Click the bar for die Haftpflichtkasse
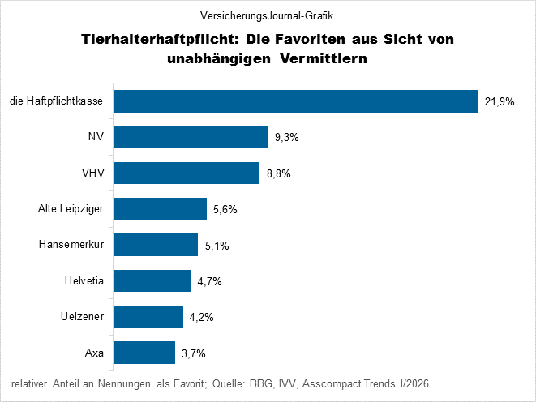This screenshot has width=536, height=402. pyautogui.click(x=295, y=101)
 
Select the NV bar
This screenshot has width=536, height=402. pyautogui.click(x=191, y=137)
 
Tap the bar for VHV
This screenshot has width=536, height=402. pyautogui.click(x=187, y=173)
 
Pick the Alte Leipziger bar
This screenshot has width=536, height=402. pyautogui.click(x=160, y=209)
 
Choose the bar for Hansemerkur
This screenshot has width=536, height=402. pyautogui.click(x=156, y=245)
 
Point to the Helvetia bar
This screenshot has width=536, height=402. pyautogui.click(x=152, y=281)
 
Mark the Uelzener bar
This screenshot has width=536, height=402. pyautogui.click(x=148, y=317)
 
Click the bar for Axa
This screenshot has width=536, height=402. pyautogui.click(x=144, y=353)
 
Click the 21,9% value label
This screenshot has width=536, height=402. pyautogui.click(x=500, y=102)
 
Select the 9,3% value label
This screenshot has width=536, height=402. pyautogui.click(x=287, y=138)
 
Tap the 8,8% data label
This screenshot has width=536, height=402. pyautogui.click(x=279, y=173)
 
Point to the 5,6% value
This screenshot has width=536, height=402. pyautogui.click(x=225, y=210)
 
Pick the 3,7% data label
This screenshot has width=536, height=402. pyautogui.click(x=194, y=353)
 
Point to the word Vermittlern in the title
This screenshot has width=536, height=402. pyautogui.click(x=324, y=58)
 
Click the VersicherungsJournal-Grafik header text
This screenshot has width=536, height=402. pyautogui.click(x=267, y=15)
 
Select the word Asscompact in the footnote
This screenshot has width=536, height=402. pyautogui.click(x=337, y=383)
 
